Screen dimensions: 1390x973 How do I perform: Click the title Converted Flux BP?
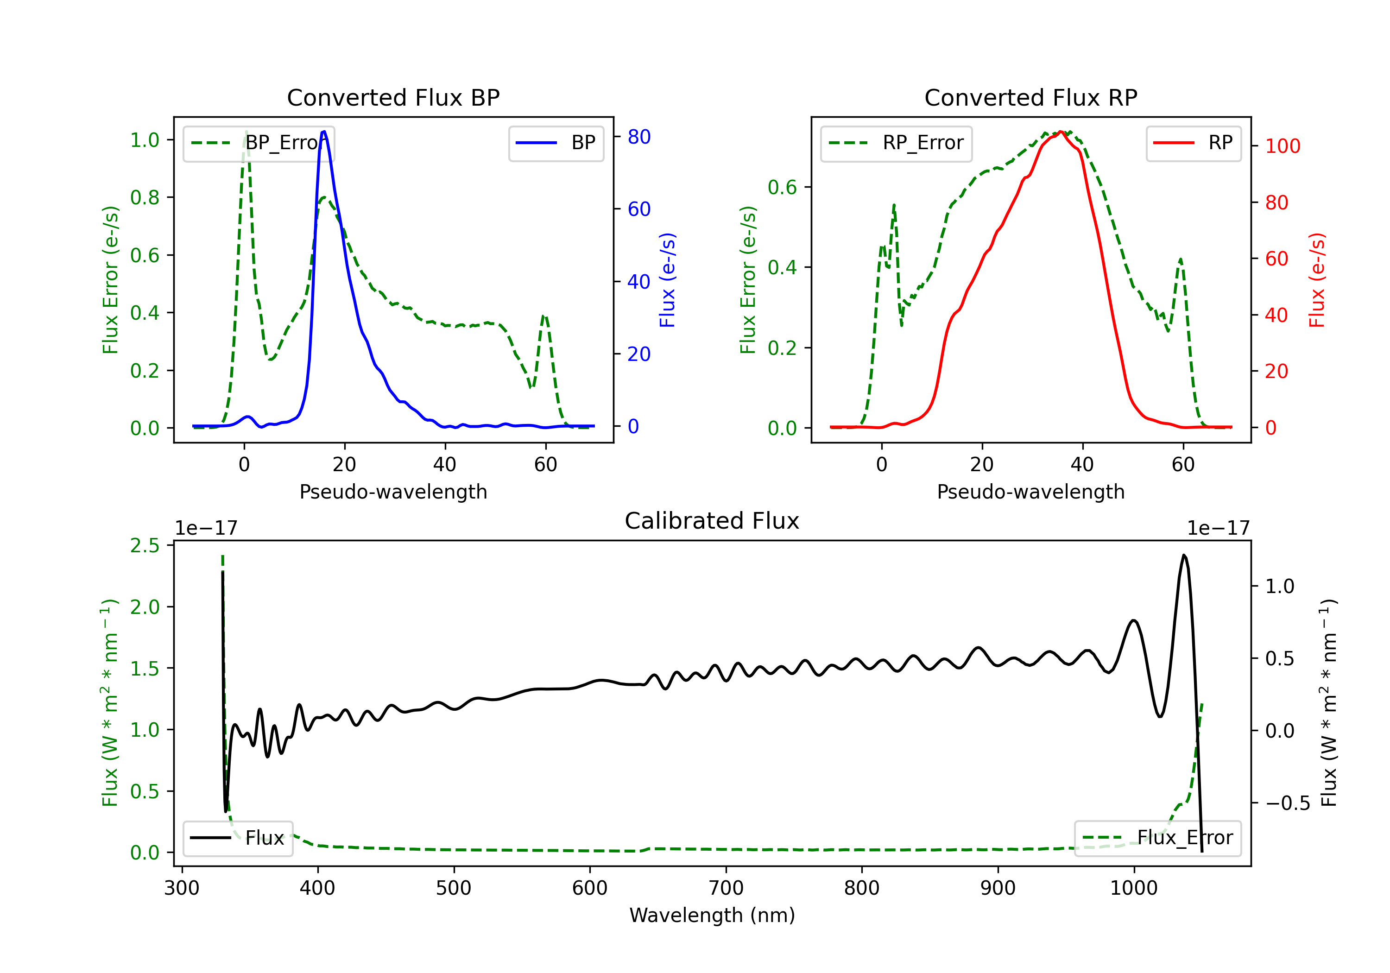(x=393, y=97)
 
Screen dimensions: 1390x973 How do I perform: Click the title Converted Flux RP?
(x=1030, y=97)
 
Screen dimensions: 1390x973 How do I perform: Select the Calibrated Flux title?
(x=712, y=521)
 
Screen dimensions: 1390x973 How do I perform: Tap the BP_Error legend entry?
(x=259, y=143)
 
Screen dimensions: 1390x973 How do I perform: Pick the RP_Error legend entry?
(x=896, y=143)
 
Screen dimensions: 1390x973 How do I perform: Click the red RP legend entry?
(x=1193, y=143)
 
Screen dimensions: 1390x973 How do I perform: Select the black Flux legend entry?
(x=238, y=838)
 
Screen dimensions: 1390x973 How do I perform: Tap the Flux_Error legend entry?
(x=1157, y=838)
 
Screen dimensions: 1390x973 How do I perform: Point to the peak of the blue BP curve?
(x=324, y=132)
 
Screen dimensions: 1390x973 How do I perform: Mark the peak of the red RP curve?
(x=1061, y=132)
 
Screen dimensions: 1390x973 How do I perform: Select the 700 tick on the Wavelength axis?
(x=726, y=888)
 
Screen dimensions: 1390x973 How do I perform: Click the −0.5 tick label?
(x=1288, y=803)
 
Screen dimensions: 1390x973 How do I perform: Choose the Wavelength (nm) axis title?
(x=712, y=915)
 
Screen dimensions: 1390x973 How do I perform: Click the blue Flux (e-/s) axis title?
(x=667, y=280)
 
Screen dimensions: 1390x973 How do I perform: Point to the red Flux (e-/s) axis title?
(x=1317, y=280)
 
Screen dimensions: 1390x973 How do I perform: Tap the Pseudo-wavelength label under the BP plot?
(x=393, y=492)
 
